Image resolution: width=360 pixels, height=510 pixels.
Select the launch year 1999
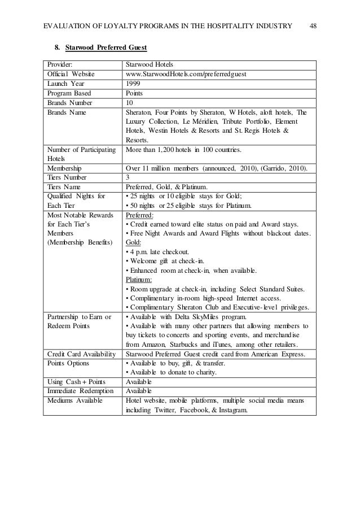tap(133, 83)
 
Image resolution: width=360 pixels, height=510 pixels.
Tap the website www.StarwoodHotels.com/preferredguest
tap(186, 73)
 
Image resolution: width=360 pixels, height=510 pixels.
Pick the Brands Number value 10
tap(130, 103)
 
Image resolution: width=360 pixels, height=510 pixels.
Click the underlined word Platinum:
tap(139, 279)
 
